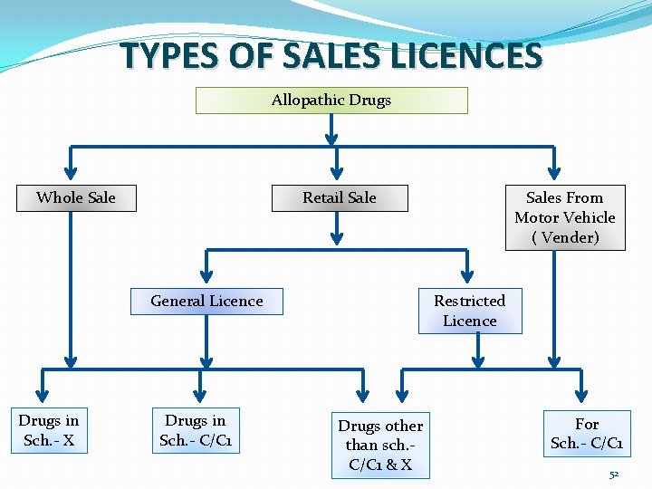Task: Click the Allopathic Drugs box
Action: tap(331, 100)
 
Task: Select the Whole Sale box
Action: tap(76, 197)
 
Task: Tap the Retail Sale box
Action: tap(340, 197)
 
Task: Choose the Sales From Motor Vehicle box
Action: tap(564, 217)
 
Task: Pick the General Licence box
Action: tap(206, 301)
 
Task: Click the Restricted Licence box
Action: tap(469, 311)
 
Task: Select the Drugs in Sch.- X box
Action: tap(49, 430)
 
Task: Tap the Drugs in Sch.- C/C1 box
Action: tap(196, 430)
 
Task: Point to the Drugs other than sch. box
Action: tap(380, 445)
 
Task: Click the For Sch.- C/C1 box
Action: tap(587, 434)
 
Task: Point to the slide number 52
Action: tap(614, 475)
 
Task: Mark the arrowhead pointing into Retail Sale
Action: tap(337, 173)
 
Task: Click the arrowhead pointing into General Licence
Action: tap(207, 275)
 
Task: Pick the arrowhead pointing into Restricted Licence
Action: tap(468, 275)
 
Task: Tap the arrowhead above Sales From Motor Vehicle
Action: tap(555, 173)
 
